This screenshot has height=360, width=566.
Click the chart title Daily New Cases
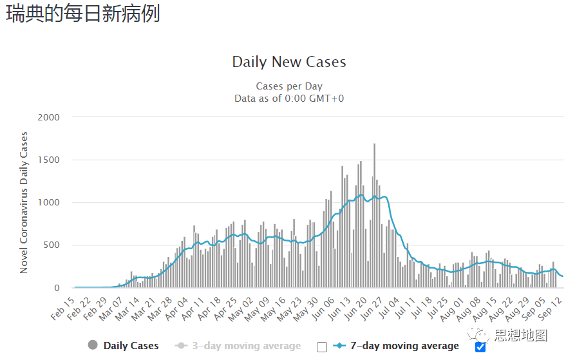point(289,62)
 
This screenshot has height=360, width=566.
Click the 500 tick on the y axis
point(51,245)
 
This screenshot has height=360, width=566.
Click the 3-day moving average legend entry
point(238,346)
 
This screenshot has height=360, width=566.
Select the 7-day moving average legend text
point(404,346)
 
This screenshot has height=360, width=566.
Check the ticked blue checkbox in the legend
point(480,347)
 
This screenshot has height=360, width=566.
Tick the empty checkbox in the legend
point(322,347)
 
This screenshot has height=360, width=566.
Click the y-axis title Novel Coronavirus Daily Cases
point(24,202)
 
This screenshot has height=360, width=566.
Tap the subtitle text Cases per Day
point(289,86)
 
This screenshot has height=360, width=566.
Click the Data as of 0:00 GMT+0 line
point(289,98)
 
